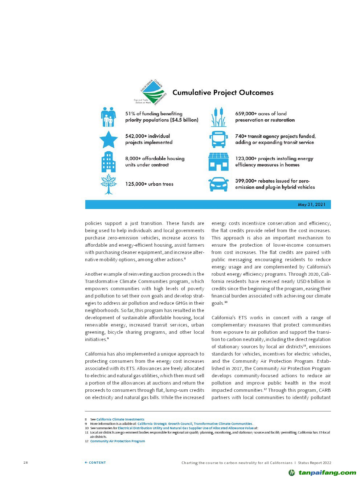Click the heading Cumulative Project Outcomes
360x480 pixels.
tap(223, 93)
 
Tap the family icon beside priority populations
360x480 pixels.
tap(108, 117)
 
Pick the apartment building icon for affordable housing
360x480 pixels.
tap(108, 162)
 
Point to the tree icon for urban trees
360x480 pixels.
tap(109, 184)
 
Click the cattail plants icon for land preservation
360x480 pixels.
tap(218, 117)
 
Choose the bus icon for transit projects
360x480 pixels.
tap(218, 139)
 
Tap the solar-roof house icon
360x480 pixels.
tap(218, 161)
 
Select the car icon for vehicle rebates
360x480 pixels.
tap(218, 184)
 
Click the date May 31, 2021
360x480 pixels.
tap(312, 205)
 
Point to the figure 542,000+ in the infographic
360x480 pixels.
tap(136, 136)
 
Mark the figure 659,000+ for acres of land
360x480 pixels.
tap(246, 114)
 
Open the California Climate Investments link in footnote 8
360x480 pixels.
tap(120, 419)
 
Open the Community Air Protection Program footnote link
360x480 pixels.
tap(118, 441)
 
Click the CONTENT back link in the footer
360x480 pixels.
tap(95, 463)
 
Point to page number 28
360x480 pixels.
tap(25, 463)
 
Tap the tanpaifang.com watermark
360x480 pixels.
tap(323, 472)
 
